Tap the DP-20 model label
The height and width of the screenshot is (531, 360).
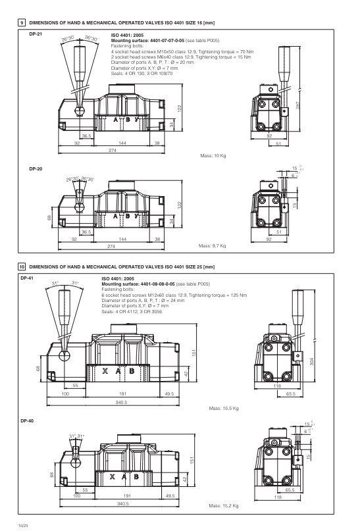coord(36,169)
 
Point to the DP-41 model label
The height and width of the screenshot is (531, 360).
coord(36,278)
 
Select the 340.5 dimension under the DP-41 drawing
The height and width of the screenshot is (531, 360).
coord(121,401)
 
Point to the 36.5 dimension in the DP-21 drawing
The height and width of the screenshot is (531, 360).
coord(86,136)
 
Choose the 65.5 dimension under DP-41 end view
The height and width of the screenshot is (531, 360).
coord(290,394)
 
